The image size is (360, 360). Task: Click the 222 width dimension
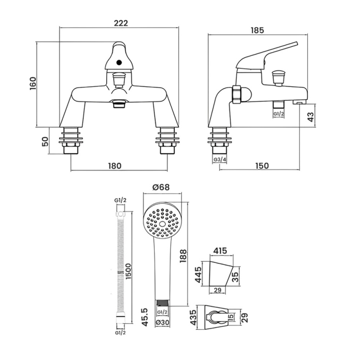click(x=121, y=23)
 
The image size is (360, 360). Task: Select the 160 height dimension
click(x=33, y=84)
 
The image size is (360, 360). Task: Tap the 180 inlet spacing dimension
click(x=115, y=166)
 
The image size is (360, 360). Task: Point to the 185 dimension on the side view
click(x=257, y=30)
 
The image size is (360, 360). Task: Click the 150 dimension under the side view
click(x=262, y=166)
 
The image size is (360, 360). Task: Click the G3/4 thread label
click(x=220, y=160)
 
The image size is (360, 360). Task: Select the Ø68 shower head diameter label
click(x=161, y=187)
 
